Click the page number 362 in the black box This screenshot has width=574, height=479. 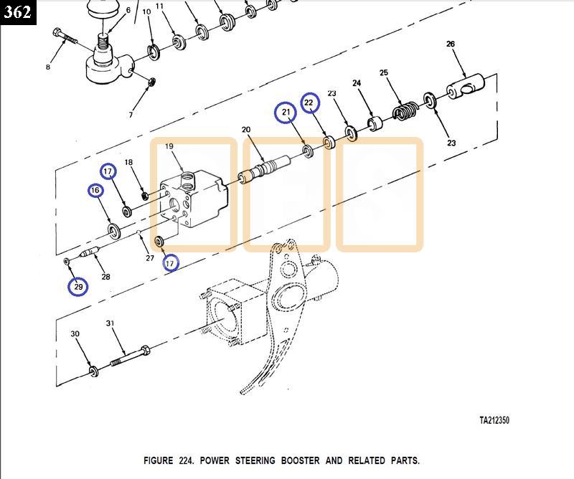coord(17,11)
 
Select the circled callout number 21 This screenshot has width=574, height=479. coord(286,112)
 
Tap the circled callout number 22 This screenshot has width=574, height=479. coord(309,103)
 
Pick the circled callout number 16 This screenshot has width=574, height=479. coord(95,191)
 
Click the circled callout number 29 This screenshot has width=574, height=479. coord(78,287)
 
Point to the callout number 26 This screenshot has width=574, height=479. coord(451,44)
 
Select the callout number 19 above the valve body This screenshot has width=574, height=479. coord(170,146)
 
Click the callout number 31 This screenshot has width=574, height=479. coord(110,323)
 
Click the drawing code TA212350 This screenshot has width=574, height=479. coord(494,420)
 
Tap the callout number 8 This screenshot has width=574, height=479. coord(48,67)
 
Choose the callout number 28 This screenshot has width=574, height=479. coord(105,276)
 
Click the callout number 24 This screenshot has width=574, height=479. coord(357,84)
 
